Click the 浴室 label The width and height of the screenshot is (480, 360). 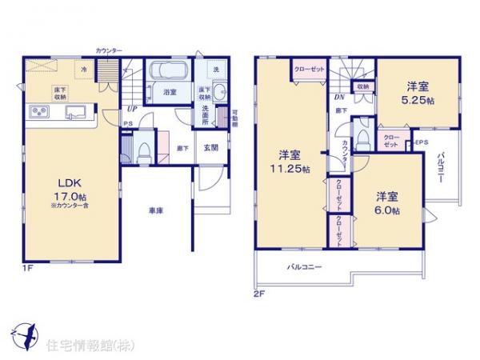coord(170,93)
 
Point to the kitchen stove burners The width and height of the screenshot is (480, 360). coord(40,110)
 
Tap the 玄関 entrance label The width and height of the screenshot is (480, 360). coord(210,147)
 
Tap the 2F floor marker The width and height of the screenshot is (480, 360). coord(258,293)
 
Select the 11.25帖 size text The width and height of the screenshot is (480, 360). coord(290,168)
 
